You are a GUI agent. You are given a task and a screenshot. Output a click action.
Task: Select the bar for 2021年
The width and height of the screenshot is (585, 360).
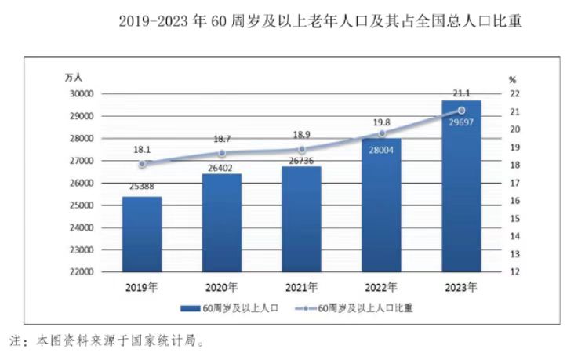(302, 219)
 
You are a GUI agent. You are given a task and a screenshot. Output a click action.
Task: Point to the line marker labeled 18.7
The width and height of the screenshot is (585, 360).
(222, 153)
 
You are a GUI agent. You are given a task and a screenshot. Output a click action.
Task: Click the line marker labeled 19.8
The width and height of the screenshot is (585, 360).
(382, 133)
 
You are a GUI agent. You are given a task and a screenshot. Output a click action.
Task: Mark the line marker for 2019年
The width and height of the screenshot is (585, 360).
(142, 164)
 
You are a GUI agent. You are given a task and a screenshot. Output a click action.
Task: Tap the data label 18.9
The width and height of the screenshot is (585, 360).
(302, 134)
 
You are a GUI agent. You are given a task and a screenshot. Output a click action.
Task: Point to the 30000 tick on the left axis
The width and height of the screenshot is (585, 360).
(82, 93)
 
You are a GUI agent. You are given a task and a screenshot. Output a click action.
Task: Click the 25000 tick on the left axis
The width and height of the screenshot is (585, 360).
(82, 205)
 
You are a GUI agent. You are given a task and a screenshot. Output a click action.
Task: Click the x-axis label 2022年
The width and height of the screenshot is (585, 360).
(382, 287)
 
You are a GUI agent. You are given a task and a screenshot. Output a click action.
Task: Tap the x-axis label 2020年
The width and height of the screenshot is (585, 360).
(222, 287)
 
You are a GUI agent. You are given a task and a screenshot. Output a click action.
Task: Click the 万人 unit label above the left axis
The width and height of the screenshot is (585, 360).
(74, 77)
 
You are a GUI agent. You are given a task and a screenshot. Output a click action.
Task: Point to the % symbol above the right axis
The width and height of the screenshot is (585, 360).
(512, 79)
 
